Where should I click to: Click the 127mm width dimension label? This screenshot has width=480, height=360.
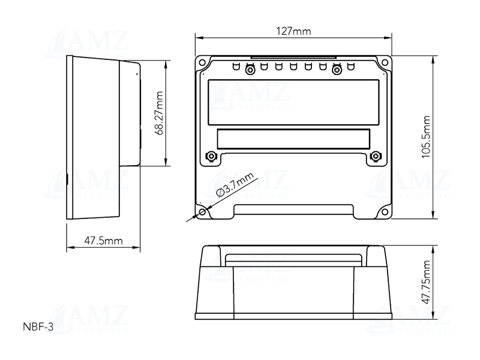[x=294, y=32]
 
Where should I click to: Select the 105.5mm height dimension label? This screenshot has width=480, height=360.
[x=426, y=137]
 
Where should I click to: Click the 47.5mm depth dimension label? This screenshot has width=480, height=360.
[x=103, y=241]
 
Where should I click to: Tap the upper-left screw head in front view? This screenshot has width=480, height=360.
[x=250, y=70]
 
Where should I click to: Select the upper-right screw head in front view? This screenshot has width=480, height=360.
[x=337, y=70]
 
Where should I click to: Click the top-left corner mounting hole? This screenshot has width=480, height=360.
[x=203, y=62]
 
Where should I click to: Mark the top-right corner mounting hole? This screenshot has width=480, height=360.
[x=384, y=62]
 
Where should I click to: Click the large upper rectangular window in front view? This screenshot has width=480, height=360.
[x=293, y=101]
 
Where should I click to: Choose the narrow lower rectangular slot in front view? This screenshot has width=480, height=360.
[x=293, y=139]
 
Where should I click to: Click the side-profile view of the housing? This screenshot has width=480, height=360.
[x=102, y=138]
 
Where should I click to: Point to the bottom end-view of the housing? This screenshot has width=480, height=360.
[x=293, y=282]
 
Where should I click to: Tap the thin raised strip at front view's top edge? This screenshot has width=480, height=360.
[x=293, y=58]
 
